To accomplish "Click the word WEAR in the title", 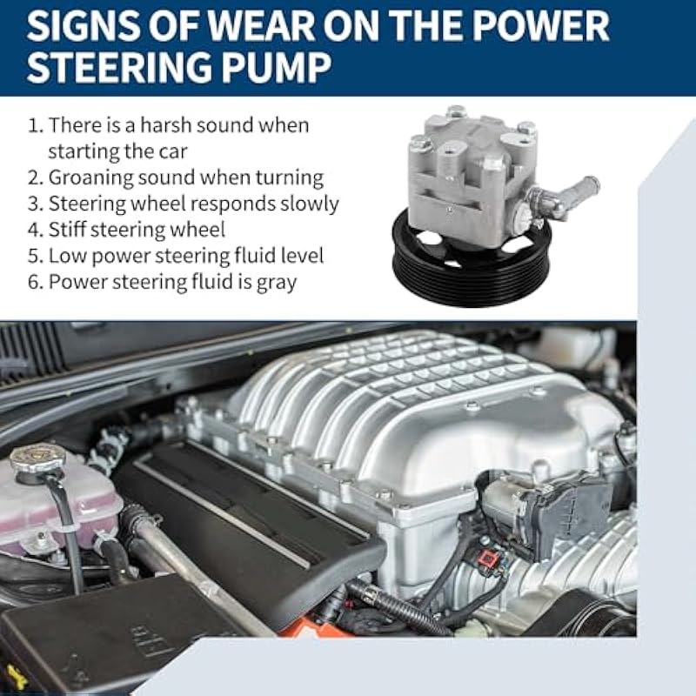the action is coord(262,26).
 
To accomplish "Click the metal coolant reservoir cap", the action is coord(37,458).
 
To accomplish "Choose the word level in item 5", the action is coord(303,256).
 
